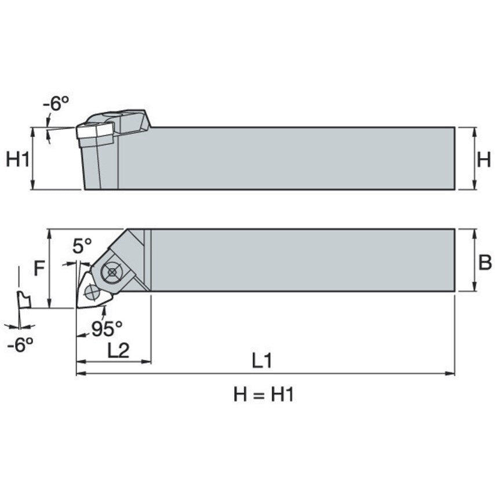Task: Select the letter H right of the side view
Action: point(483,159)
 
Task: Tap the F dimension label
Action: point(39,268)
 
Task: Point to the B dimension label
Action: point(485,263)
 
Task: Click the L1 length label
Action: point(262,361)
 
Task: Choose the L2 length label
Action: point(118,350)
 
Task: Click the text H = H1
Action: point(264,395)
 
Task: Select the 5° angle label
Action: point(82,246)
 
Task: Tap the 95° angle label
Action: point(107,329)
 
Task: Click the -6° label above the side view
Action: point(56,104)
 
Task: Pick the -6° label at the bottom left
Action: point(20,345)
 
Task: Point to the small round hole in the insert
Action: point(90,292)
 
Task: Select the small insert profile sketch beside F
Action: point(23,300)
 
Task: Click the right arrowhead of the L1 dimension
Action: point(451,373)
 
